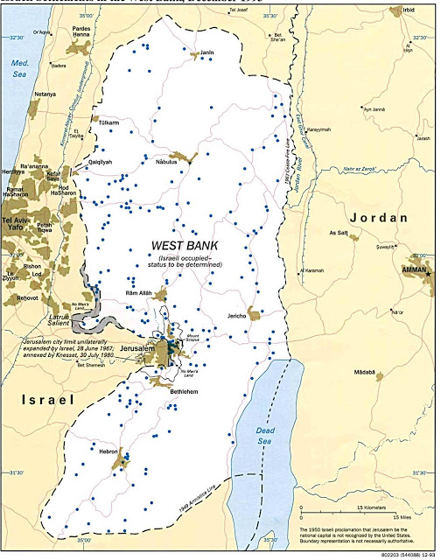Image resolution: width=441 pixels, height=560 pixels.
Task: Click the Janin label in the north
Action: pos(207,52)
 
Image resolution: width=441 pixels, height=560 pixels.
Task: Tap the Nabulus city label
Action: pos(166,161)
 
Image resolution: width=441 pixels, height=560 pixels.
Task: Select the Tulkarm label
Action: pos(109,123)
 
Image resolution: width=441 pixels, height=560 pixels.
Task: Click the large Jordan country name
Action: pos(379,217)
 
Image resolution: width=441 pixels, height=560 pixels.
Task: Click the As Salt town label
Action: pos(339,233)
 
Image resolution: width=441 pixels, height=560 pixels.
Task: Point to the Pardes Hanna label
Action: pos(80,31)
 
